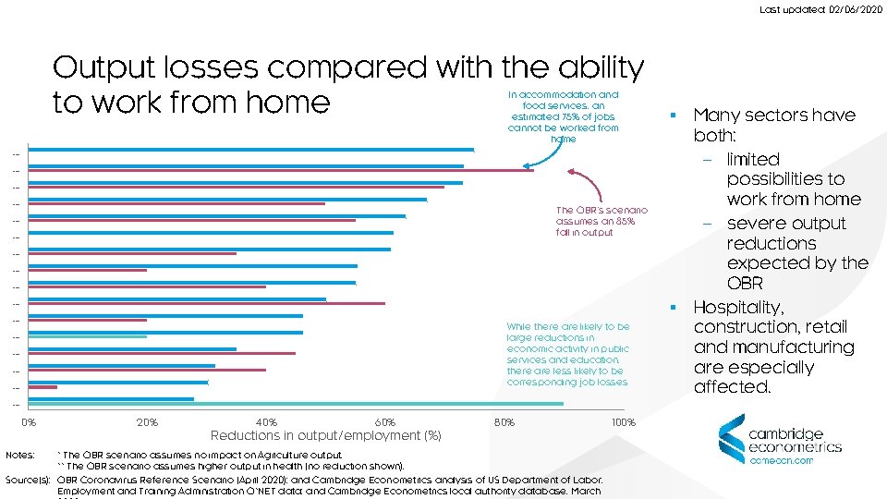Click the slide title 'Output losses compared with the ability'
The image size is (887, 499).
coord(348,67)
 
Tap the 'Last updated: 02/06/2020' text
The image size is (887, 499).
coord(820,9)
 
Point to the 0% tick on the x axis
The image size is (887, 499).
coord(30,422)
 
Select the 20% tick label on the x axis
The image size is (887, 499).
coord(147,422)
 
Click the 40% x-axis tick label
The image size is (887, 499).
coord(266,422)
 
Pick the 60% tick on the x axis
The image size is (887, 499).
coord(385,422)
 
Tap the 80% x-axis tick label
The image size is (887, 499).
coord(504,422)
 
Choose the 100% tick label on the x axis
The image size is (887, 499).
coord(624,422)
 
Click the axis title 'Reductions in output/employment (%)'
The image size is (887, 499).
coord(326,435)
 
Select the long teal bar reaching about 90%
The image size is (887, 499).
coord(296,404)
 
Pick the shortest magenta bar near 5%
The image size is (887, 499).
coord(43,387)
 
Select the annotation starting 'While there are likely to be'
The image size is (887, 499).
coord(567,354)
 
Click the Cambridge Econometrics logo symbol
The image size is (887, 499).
coord(731,440)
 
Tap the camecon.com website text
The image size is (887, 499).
coord(781,459)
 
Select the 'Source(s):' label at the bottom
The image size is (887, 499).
coord(27,480)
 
